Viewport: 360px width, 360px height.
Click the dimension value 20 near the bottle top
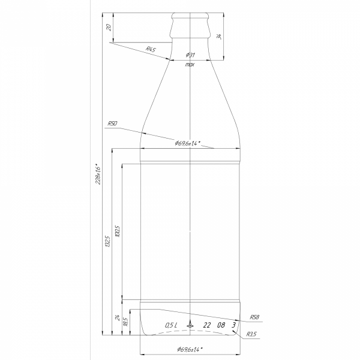(x=109, y=27)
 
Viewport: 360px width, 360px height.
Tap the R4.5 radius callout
(x=151, y=49)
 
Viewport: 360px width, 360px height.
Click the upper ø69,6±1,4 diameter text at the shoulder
(x=187, y=143)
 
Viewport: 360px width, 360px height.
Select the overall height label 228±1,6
(x=98, y=175)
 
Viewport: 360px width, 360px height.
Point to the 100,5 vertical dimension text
(x=117, y=231)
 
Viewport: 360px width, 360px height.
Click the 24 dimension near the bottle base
(x=117, y=317)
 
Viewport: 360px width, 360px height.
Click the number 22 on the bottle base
(x=207, y=325)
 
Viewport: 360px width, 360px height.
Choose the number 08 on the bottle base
(x=221, y=325)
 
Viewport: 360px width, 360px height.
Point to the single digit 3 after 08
(x=233, y=325)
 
